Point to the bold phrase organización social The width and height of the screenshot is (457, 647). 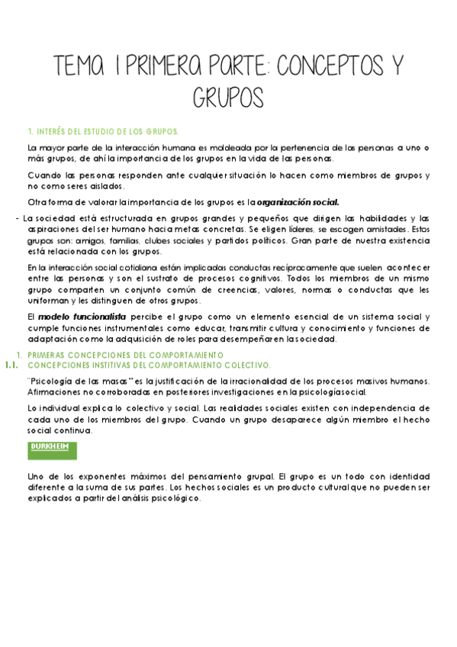pyautogui.click(x=298, y=202)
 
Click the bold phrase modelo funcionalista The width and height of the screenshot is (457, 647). pyautogui.click(x=72, y=317)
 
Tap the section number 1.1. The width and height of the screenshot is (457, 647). pyautogui.click(x=11, y=365)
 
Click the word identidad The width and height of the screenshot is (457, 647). pyautogui.click(x=405, y=475)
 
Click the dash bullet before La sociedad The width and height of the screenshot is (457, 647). pyautogui.click(x=17, y=218)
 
